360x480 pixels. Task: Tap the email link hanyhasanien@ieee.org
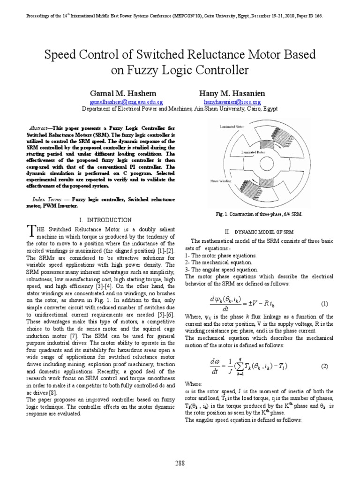click(x=232, y=101)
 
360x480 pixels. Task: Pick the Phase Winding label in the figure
click(x=218, y=180)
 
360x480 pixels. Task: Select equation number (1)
click(x=324, y=304)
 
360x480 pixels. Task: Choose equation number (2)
click(x=324, y=366)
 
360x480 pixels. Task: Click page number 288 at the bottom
click(x=180, y=463)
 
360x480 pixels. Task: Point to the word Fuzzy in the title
click(x=143, y=71)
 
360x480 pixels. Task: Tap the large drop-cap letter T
click(x=31, y=231)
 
